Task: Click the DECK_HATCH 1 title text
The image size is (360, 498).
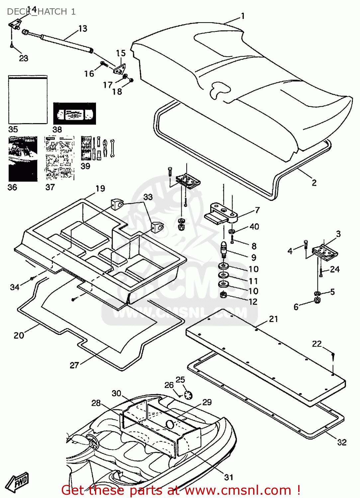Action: (x=41, y=12)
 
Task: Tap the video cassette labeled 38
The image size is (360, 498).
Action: (x=74, y=114)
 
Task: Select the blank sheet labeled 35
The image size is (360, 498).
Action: (x=28, y=100)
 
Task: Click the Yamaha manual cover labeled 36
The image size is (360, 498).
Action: (x=23, y=159)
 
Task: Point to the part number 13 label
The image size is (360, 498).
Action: (x=83, y=29)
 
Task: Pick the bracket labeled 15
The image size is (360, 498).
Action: (x=120, y=69)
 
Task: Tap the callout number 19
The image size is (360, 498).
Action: (x=100, y=189)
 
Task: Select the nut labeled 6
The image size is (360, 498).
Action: (x=317, y=301)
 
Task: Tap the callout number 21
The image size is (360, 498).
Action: (x=273, y=319)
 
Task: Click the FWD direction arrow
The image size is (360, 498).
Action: (x=18, y=482)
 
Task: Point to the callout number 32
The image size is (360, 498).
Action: (x=341, y=442)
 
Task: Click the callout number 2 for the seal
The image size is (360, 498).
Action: (x=314, y=183)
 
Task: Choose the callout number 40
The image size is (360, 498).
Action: (x=254, y=226)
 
